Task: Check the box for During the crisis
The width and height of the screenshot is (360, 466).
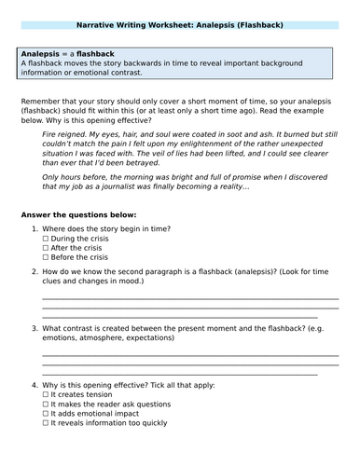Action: click(x=47, y=239)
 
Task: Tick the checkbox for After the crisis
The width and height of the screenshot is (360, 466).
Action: click(x=47, y=248)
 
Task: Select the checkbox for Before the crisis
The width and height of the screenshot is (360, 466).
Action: click(x=47, y=257)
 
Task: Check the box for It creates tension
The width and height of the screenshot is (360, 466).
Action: click(x=47, y=394)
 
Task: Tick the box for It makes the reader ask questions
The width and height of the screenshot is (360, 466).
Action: click(x=47, y=404)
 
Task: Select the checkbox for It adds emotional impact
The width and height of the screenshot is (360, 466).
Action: click(x=47, y=413)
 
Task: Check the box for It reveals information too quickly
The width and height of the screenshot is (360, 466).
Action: click(x=47, y=422)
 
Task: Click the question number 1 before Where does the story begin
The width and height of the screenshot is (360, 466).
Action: click(x=35, y=229)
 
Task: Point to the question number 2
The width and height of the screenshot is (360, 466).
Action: click(x=35, y=271)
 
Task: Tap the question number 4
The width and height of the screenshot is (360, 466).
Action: click(x=35, y=385)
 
